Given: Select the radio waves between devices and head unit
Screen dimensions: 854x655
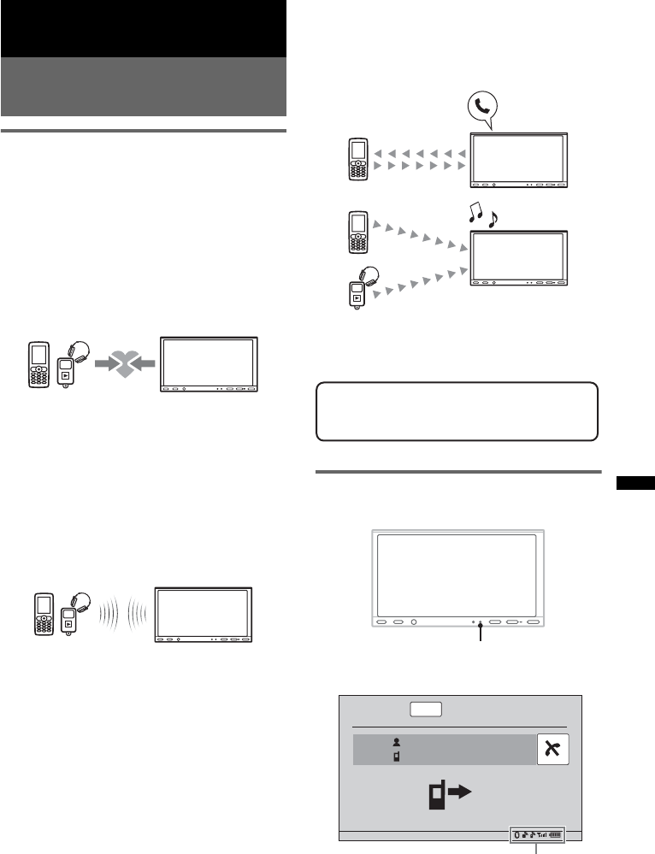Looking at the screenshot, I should click(121, 613).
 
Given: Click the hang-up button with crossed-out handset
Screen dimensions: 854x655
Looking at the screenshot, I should click(552, 749).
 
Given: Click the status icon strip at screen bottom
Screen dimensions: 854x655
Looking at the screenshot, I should click(536, 833).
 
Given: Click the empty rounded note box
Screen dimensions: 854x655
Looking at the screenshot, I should click(457, 411).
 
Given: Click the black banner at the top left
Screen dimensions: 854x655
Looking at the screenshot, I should click(143, 28).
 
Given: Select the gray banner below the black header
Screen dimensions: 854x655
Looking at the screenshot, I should click(143, 86).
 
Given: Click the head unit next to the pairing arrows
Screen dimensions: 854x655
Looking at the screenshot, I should click(209, 365).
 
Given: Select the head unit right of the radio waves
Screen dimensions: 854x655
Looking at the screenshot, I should click(204, 615).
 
